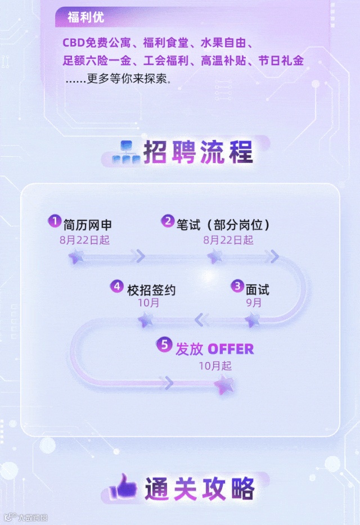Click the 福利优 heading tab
pyautogui.click(x=85, y=17)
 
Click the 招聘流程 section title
pyautogui.click(x=198, y=152)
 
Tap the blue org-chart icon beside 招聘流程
pyautogui.click(x=125, y=153)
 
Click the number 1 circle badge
pyautogui.click(x=54, y=221)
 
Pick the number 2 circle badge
pyautogui.click(x=168, y=221)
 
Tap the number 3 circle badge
pyautogui.click(x=237, y=286)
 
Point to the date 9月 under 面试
pyautogui.click(x=254, y=303)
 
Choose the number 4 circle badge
pyautogui.click(x=116, y=286)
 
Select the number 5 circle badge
pyautogui.click(x=164, y=345)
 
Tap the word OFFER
pyautogui.click(x=231, y=349)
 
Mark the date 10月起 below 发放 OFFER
pyautogui.click(x=215, y=365)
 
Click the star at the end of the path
pyautogui.click(x=224, y=385)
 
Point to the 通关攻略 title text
pyautogui.click(x=200, y=488)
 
